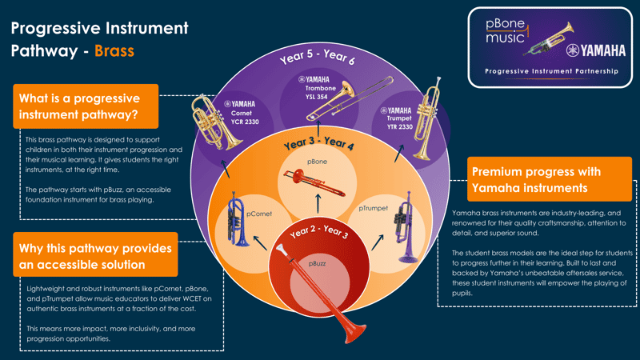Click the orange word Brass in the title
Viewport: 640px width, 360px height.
114,52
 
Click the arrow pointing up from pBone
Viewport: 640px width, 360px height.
318,130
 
